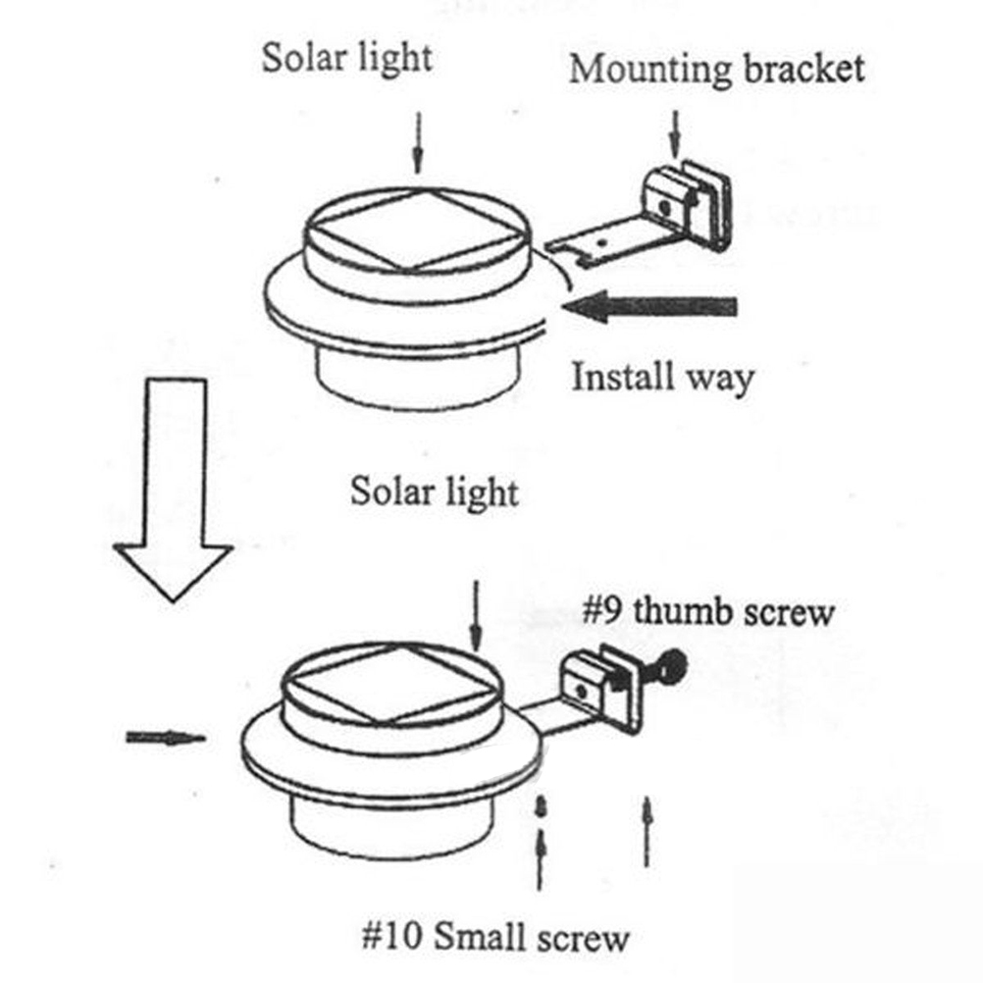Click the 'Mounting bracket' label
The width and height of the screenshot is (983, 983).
pos(716,70)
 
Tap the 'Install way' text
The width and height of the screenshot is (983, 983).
pos(662,377)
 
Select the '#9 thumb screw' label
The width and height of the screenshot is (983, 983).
pos(708,612)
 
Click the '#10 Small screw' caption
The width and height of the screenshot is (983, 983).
pos(493,938)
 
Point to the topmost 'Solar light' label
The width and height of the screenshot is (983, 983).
pos(346,58)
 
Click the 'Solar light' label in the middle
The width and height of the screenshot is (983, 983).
pos(435,490)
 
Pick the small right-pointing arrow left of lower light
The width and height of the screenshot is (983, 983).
pos(165,738)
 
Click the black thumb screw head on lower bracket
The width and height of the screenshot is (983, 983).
pos(672,669)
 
